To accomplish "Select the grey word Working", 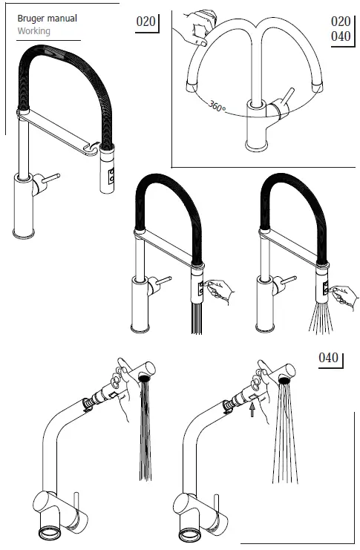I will click(x=33, y=31).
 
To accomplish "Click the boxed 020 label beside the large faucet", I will click(x=146, y=22).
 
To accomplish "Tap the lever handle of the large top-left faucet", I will click(x=49, y=177).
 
